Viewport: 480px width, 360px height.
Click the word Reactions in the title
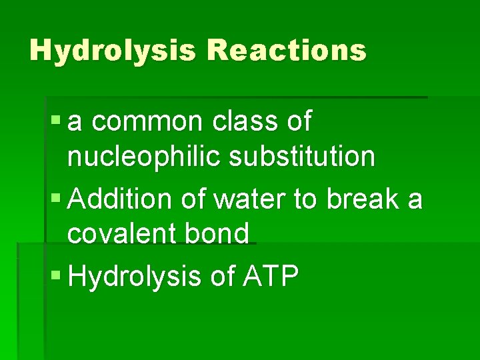[x=287, y=50]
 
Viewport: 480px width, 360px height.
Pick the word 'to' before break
[x=304, y=198]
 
